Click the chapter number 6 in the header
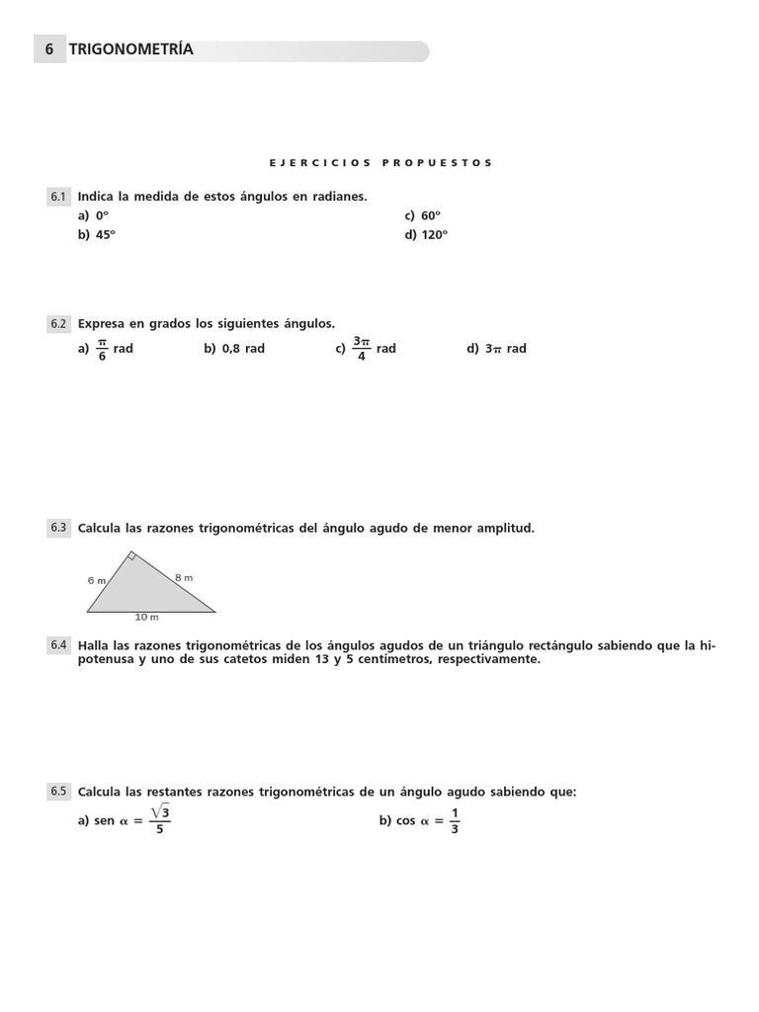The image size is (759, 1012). click(x=49, y=49)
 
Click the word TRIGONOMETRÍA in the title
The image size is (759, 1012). click(x=131, y=49)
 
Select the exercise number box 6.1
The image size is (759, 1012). click(x=58, y=197)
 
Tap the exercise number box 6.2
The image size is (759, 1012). click(x=58, y=323)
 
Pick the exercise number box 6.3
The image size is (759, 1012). click(x=58, y=528)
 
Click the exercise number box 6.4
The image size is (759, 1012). click(x=58, y=645)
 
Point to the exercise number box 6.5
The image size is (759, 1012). click(x=58, y=792)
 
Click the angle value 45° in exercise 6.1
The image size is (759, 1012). click(x=106, y=235)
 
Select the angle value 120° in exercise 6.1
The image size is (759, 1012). click(x=434, y=235)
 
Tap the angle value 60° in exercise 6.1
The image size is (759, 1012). click(x=431, y=215)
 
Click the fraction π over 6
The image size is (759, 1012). click(x=101, y=349)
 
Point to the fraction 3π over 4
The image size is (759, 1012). click(x=361, y=349)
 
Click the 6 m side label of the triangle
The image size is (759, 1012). click(x=96, y=580)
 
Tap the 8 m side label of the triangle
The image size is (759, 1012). click(x=184, y=577)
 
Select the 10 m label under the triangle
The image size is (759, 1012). click(x=147, y=618)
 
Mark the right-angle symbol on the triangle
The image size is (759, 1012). click(x=131, y=556)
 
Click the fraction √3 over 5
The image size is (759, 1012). click(x=160, y=820)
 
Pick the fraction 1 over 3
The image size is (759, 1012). click(x=455, y=820)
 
